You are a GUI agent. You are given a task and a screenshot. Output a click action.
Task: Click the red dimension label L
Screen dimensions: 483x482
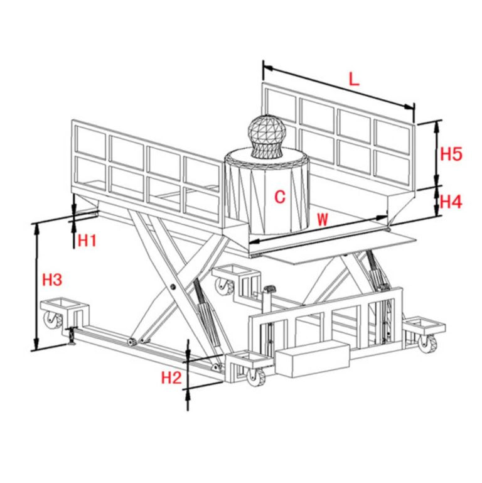click(355, 79)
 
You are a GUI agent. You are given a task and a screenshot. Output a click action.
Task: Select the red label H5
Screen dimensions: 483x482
click(451, 153)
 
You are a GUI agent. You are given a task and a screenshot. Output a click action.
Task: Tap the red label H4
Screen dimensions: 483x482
click(451, 202)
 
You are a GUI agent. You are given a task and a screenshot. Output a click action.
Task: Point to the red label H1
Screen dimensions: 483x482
click(87, 239)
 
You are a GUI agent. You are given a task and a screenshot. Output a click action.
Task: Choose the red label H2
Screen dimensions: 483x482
click(171, 377)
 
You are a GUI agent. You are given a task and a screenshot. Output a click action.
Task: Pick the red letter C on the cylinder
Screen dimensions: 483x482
click(280, 197)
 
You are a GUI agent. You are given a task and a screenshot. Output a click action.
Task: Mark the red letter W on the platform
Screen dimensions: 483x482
click(322, 220)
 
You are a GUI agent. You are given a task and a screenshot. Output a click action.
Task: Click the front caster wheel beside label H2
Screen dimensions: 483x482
click(256, 377)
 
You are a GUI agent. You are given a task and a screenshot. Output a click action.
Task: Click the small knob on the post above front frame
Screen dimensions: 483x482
click(271, 290)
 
